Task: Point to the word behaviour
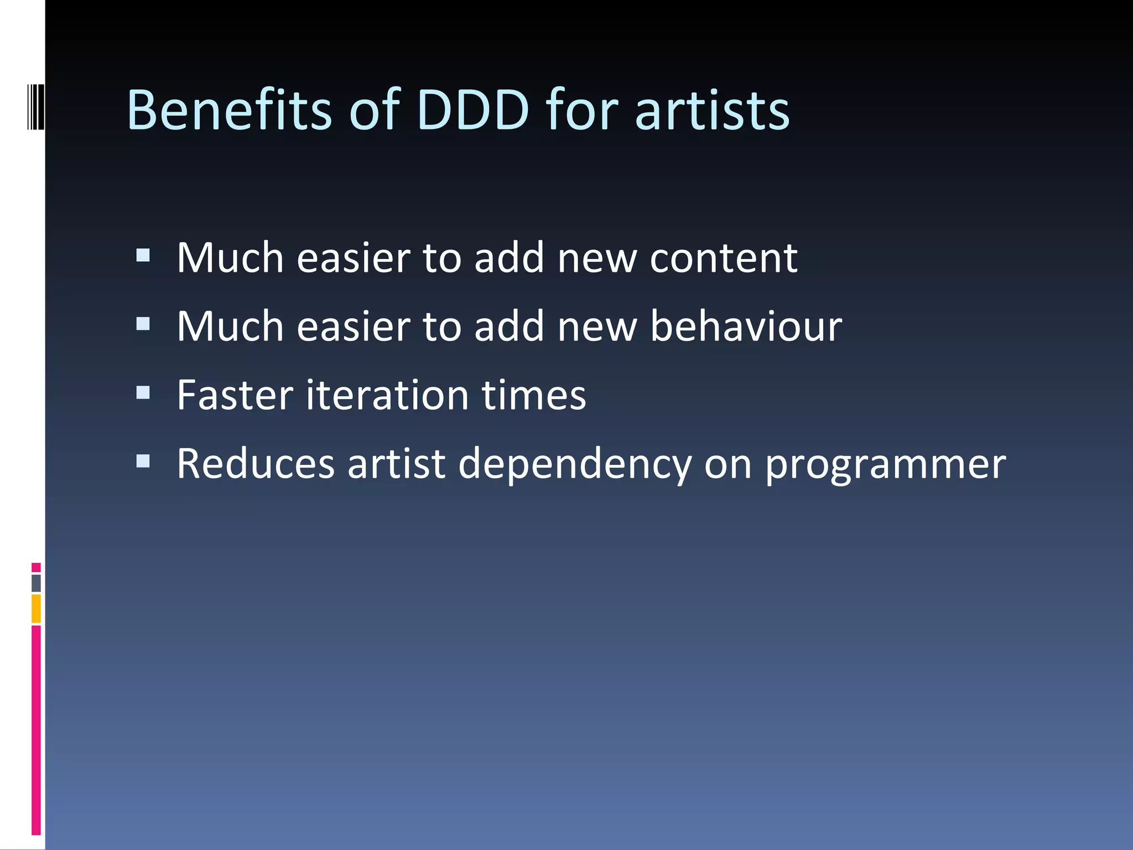746,326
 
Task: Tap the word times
534,395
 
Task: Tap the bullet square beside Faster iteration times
143,392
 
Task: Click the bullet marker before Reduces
143,461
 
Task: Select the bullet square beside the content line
143,255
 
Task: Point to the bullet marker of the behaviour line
143,324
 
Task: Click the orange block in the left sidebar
36,609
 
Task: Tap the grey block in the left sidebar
36,583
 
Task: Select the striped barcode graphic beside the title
36,107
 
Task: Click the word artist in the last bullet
396,464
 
